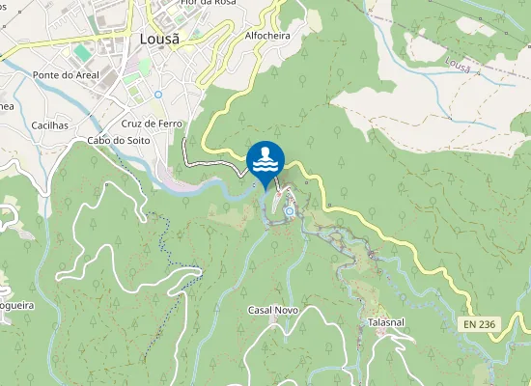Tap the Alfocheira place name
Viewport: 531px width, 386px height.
267,36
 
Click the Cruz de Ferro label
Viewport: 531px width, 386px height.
152,124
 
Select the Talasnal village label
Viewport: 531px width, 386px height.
391,321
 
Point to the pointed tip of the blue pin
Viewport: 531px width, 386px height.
265,190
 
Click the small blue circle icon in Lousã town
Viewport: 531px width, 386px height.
157,95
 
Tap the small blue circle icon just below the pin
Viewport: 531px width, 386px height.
289,210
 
